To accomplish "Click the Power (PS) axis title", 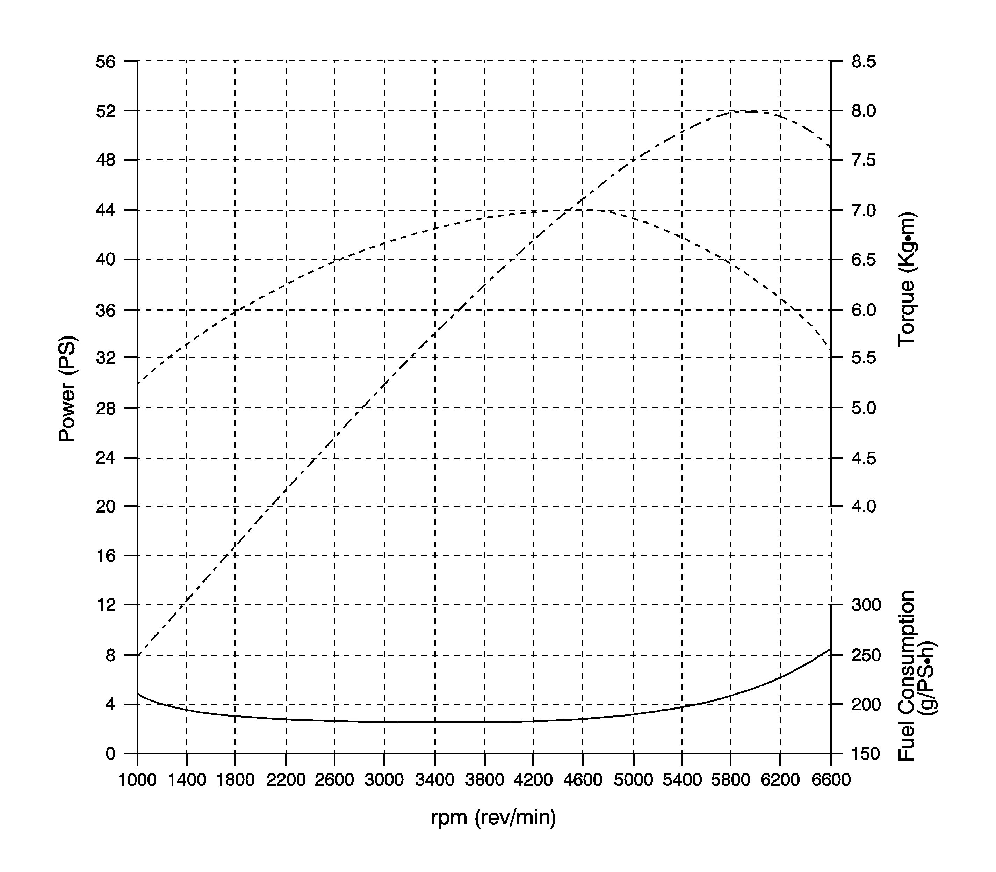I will (67, 388).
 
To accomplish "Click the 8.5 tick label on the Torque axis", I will (864, 62).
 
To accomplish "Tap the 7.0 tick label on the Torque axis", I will (864, 210).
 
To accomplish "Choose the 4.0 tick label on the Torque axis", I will (864, 506).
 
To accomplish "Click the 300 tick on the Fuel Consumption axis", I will (866, 605).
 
